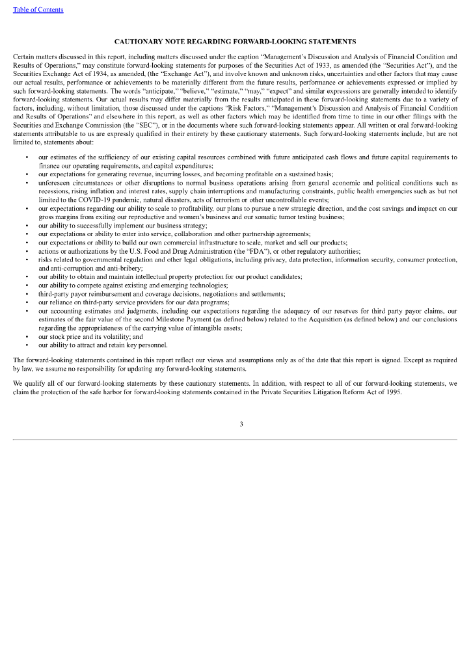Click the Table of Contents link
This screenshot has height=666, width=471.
pyautogui.click(x=38, y=10)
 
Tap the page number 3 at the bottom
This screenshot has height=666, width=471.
pyautogui.click(x=241, y=424)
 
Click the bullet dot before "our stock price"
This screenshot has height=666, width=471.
pyautogui.click(x=26, y=337)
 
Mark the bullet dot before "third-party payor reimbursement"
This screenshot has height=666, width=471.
pyautogui.click(x=26, y=294)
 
